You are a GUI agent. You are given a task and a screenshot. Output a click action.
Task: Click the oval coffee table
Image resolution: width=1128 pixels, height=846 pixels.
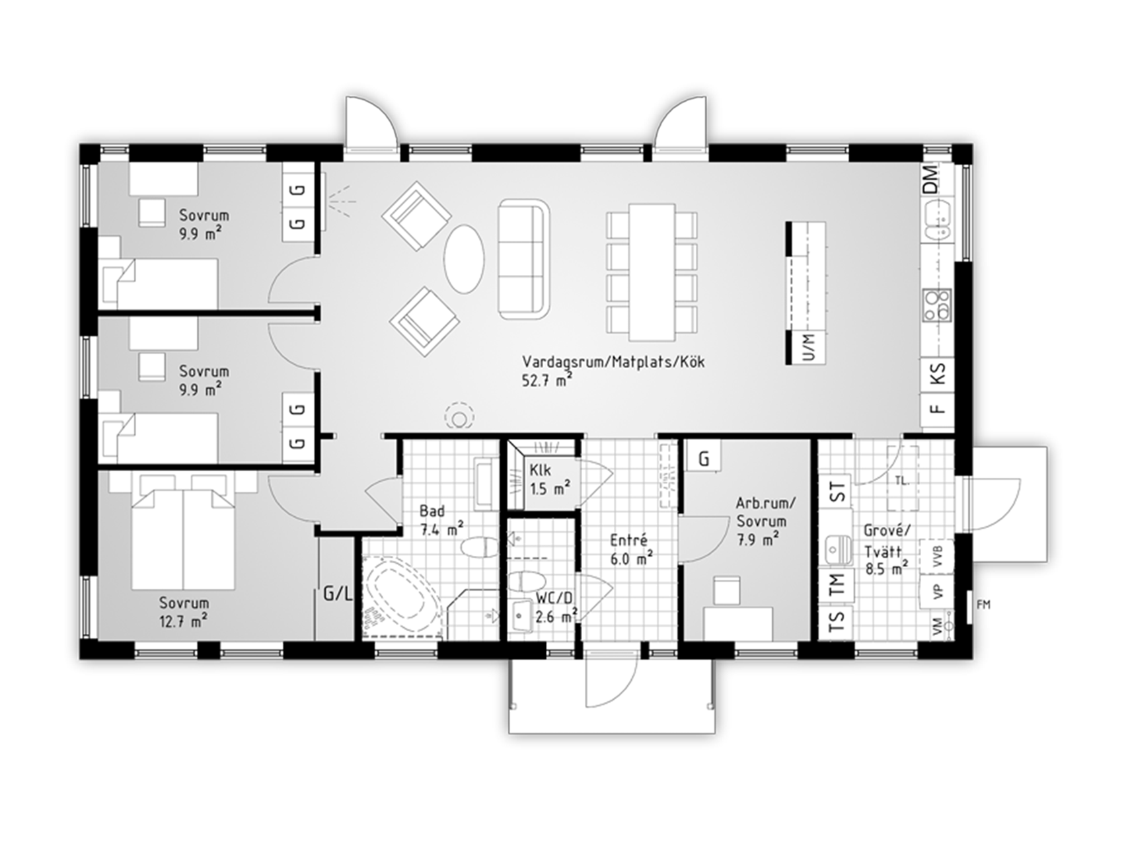[463, 258]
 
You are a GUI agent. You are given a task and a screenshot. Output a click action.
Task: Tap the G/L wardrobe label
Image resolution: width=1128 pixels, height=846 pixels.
[337, 594]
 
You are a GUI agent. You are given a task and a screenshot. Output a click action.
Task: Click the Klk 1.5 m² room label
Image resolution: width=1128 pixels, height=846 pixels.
[550, 479]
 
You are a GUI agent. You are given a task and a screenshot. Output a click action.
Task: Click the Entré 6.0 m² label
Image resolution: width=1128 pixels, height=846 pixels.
[631, 548]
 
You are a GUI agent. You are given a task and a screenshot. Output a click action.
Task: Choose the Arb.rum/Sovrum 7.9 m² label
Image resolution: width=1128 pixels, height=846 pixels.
[766, 521]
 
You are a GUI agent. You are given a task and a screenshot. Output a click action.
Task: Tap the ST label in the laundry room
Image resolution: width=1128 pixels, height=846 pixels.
[837, 492]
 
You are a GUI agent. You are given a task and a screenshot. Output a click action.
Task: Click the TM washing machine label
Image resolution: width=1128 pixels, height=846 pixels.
[837, 584]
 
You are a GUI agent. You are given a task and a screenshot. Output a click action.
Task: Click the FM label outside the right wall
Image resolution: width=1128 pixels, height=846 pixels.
[983, 604]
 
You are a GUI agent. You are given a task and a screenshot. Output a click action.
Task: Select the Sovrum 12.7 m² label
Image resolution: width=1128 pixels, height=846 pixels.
[184, 611]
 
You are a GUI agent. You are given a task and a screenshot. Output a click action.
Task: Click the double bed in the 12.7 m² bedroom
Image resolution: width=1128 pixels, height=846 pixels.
[184, 532]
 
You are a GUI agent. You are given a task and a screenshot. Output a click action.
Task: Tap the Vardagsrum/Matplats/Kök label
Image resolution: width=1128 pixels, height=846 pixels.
[613, 371]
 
